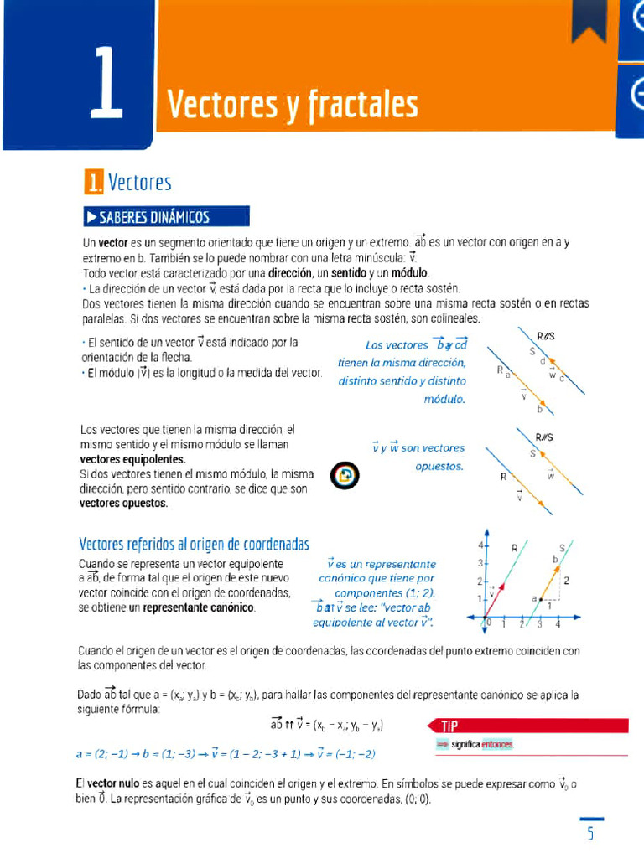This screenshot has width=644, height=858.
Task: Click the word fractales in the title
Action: click(x=362, y=105)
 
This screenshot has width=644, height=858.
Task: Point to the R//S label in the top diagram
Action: click(x=545, y=336)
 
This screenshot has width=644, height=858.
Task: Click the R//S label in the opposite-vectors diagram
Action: click(x=545, y=437)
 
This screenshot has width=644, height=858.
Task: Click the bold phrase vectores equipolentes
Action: click(x=132, y=460)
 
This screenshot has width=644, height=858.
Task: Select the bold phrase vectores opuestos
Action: click(x=123, y=504)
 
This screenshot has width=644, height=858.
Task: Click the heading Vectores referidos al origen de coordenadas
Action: click(x=194, y=544)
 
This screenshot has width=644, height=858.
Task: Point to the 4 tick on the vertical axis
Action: click(x=480, y=545)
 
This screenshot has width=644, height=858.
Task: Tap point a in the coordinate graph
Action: click(x=532, y=598)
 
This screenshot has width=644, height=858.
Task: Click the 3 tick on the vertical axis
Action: click(x=480, y=563)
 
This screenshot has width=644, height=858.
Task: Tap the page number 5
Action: click(x=590, y=833)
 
